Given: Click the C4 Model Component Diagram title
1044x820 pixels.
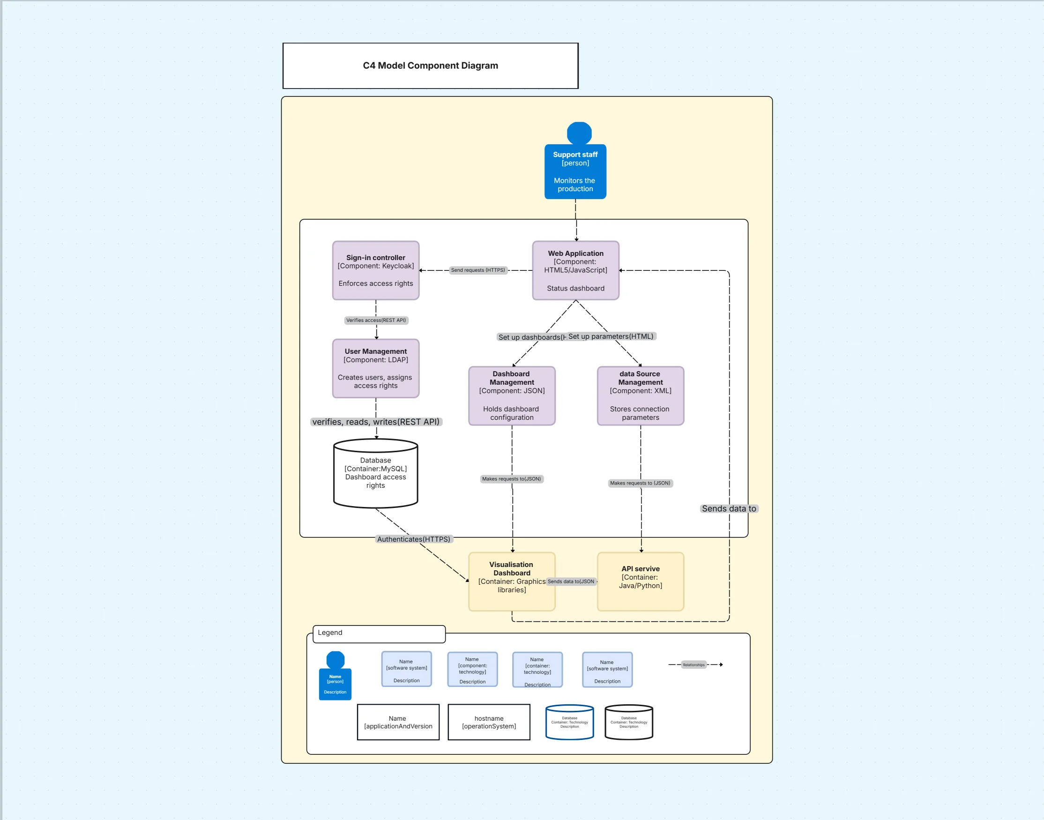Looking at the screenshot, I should tap(430, 66).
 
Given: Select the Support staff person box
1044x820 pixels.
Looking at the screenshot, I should tap(575, 171).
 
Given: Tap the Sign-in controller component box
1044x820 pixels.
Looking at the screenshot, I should tap(375, 270).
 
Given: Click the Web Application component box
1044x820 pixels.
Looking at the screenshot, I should tap(575, 270).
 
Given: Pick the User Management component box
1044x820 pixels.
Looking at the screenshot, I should tap(375, 368).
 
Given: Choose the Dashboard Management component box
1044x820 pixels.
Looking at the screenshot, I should tap(511, 395).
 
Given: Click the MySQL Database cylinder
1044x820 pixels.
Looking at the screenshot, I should tap(375, 473).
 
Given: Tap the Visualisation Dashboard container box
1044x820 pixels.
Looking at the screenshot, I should tap(511, 581).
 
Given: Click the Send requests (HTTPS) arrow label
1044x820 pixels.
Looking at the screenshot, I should tap(477, 270).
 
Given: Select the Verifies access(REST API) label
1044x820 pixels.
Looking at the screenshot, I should tap(376, 320).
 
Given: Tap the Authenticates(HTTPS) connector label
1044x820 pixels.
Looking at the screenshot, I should tap(413, 539).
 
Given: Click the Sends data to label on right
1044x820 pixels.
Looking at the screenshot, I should tap(728, 508).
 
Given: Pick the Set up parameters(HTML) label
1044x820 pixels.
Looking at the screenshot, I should tap(611, 336).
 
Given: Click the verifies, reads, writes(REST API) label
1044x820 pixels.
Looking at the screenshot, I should tap(375, 422).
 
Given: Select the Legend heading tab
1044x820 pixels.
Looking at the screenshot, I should tap(378, 633).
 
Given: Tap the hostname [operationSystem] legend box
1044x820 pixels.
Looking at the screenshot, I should tap(489, 722).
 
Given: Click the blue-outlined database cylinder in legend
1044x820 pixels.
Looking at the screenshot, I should tap(569, 722).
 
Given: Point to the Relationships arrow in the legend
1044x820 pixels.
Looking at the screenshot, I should tap(694, 665).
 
